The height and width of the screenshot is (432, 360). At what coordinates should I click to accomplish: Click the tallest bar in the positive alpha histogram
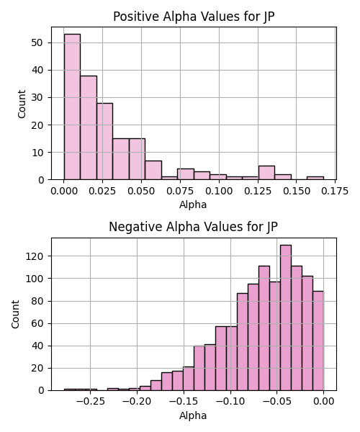coord(72,107)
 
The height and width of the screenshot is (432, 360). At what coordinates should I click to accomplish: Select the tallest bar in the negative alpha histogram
coord(286,318)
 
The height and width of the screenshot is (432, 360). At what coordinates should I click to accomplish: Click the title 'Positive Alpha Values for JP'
coord(194,17)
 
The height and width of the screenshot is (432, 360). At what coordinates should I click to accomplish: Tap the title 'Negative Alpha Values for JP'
coord(193,227)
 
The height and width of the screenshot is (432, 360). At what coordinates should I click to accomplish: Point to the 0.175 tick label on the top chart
coord(335,191)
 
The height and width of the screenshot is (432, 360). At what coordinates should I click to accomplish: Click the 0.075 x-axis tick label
coord(180,191)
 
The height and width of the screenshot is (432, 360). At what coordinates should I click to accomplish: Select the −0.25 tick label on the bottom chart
coord(90,402)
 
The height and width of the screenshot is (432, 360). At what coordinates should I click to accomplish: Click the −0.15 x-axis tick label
coord(184,402)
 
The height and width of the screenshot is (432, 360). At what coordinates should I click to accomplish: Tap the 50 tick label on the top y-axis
coord(37,42)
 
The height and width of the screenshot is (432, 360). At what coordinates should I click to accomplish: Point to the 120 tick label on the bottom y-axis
coord(35,256)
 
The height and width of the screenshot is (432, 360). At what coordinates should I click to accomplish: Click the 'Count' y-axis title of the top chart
coord(22,104)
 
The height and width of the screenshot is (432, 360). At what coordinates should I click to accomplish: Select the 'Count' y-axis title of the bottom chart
coord(15,315)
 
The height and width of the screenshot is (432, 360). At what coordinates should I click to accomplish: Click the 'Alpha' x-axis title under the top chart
coord(193,204)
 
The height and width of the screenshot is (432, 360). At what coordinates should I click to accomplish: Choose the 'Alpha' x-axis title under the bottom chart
coord(193,415)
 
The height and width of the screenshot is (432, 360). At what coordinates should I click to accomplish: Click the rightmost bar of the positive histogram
coord(315,179)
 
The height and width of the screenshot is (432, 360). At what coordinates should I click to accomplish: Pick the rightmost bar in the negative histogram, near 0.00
coord(318,341)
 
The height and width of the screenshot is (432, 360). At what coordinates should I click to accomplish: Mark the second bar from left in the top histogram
coord(89,128)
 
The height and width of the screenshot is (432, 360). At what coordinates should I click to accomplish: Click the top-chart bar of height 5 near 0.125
coord(266,173)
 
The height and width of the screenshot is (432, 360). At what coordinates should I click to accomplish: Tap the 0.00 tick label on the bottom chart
coord(324,402)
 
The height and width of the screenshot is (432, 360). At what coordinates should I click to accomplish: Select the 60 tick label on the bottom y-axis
coord(37,323)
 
